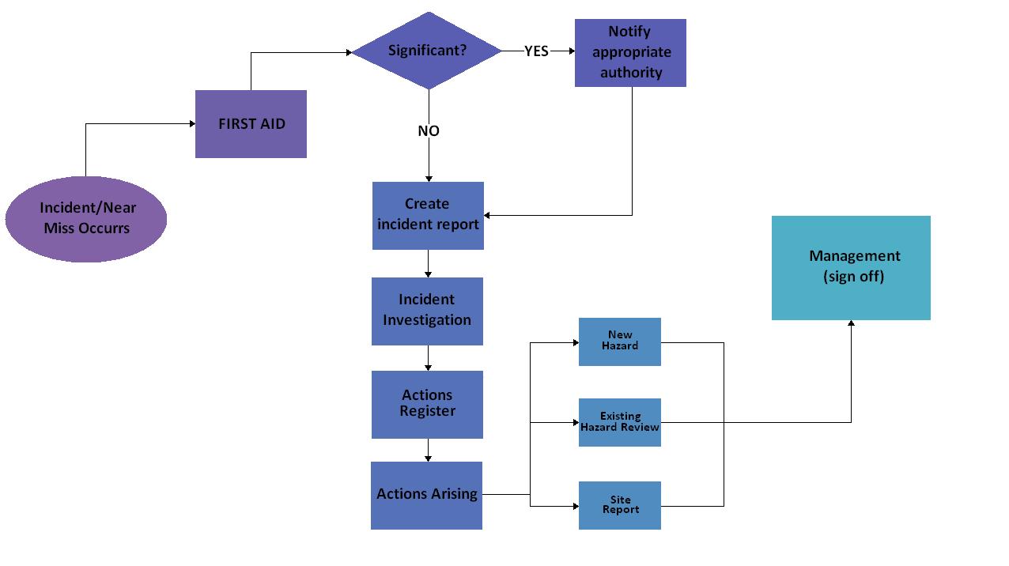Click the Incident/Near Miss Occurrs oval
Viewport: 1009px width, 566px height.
[x=86, y=219]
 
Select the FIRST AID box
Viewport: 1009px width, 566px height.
[x=251, y=124]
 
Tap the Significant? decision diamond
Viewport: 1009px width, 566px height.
[x=427, y=51]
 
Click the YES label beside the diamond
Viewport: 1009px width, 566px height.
[x=536, y=51]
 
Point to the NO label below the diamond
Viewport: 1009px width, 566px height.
[x=429, y=131]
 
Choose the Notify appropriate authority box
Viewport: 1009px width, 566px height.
[x=630, y=52]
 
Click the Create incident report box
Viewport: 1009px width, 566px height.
[x=428, y=215]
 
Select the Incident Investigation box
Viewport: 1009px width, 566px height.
[x=427, y=311]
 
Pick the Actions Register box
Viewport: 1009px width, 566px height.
[x=427, y=404]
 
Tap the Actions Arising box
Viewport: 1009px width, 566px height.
[x=426, y=495]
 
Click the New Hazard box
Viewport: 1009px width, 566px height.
[x=619, y=341]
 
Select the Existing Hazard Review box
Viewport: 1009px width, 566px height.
[x=619, y=422]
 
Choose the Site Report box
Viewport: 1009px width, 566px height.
[x=619, y=505]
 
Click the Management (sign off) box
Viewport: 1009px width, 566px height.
[x=851, y=267]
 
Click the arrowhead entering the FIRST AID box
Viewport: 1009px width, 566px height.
[x=191, y=124]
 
